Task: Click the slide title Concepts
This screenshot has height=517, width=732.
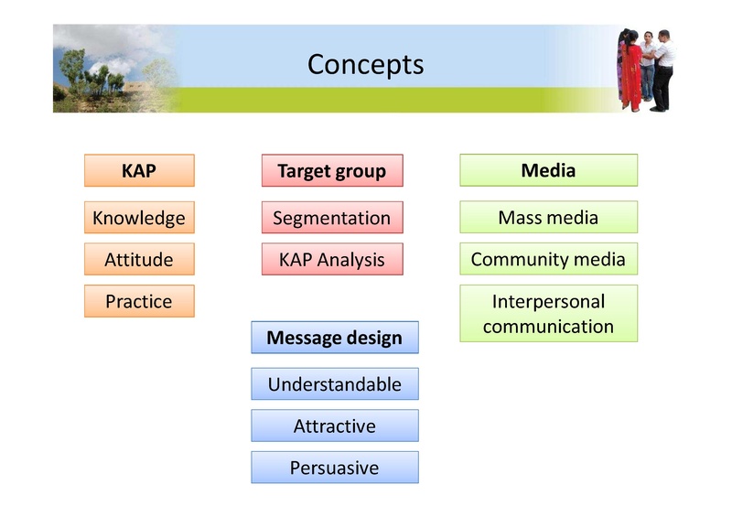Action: tap(365, 65)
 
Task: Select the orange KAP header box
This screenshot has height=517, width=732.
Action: tap(139, 170)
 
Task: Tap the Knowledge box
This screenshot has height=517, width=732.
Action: tap(139, 218)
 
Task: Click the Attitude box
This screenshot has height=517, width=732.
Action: tap(139, 259)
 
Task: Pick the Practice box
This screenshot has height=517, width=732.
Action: tap(139, 301)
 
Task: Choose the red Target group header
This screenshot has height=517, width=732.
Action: tap(332, 171)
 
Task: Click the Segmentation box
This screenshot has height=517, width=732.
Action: tap(332, 218)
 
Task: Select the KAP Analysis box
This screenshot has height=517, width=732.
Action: tap(332, 259)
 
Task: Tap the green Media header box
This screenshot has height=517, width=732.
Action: tap(548, 170)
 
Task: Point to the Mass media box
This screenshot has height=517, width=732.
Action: tap(548, 218)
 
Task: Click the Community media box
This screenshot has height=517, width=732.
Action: tap(548, 259)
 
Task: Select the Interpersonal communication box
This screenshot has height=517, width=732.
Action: tap(548, 313)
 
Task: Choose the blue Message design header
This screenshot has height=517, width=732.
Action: tap(334, 338)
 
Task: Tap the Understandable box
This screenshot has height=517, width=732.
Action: tap(334, 384)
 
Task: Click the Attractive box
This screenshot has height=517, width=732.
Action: tap(334, 425)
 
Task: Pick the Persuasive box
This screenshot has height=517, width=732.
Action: tap(334, 468)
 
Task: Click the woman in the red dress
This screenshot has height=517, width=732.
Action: tap(630, 73)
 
